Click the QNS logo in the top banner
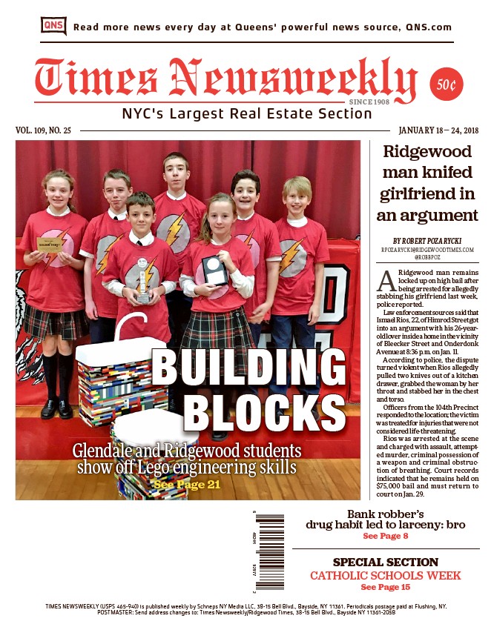tap(53, 26)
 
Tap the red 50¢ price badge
tap(447, 85)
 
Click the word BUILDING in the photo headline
tap(249, 368)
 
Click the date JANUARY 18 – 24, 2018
tap(438, 131)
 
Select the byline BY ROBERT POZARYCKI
tap(427, 241)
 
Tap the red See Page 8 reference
tap(385, 536)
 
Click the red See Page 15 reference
tap(385, 587)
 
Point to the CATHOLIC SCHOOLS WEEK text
tap(385, 575)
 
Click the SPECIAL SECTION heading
tap(385, 562)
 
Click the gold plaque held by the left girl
tap(50, 244)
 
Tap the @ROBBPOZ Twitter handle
tap(427, 259)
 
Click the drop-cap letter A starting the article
tap(384, 282)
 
